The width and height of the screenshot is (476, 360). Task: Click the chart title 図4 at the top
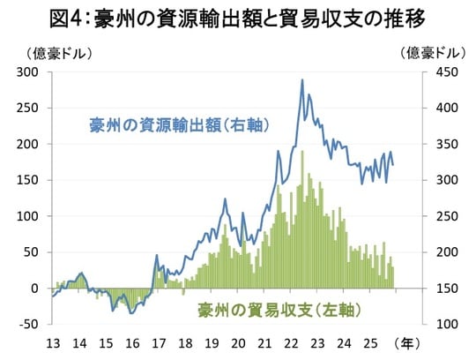[x=238, y=18]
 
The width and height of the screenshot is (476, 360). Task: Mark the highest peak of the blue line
[x=302, y=80]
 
